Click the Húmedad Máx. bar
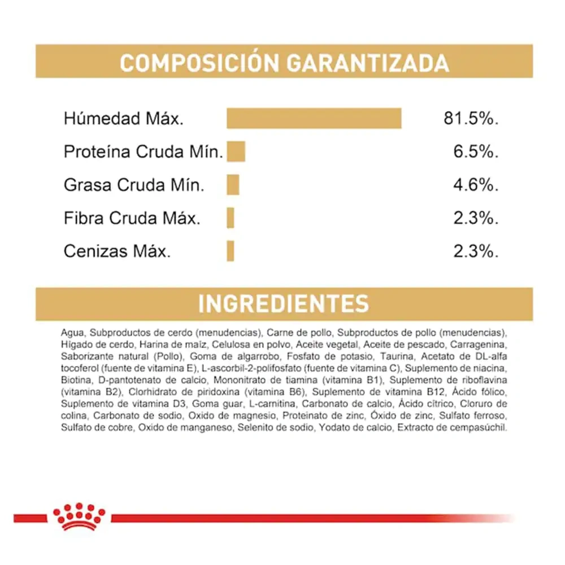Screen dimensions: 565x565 tap(314, 119)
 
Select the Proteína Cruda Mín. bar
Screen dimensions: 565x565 tap(236, 151)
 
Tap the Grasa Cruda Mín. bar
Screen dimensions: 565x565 tap(233, 185)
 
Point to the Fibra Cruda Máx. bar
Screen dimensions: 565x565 tap(230, 218)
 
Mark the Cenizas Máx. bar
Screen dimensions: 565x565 tap(230, 251)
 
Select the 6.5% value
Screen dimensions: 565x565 tap(476, 151)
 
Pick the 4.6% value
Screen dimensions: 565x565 tap(476, 185)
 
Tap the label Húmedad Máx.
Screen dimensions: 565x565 tap(124, 119)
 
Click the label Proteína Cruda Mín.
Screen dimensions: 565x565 tap(144, 152)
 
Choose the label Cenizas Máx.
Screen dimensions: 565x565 tap(117, 251)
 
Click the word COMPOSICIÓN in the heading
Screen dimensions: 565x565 tap(200, 63)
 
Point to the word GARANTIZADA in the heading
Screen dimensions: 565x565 tap(367, 63)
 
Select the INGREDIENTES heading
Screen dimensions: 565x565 tap(284, 303)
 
